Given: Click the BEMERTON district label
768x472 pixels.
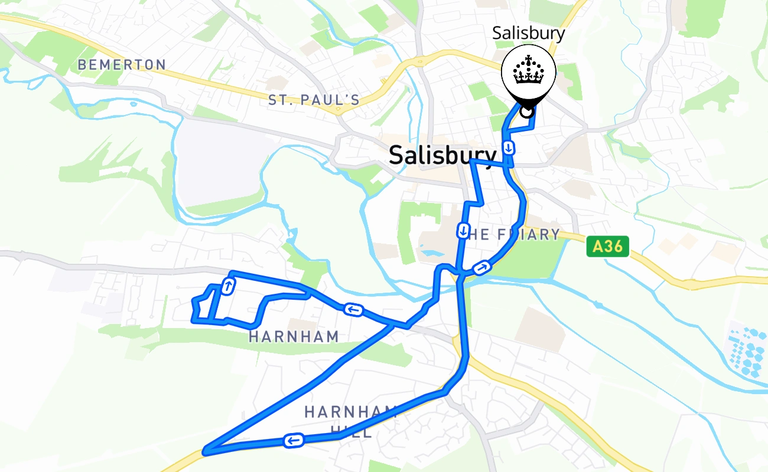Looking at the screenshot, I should (122, 64).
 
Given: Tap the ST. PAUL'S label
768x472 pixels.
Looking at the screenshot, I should (314, 100).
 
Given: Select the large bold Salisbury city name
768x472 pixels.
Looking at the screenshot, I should (442, 155).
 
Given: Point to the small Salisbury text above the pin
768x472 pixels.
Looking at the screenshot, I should (528, 33).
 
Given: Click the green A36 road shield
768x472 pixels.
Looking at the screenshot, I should (607, 246).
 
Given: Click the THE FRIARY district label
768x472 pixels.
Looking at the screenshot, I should (513, 235).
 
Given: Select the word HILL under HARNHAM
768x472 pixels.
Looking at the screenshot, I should (352, 432).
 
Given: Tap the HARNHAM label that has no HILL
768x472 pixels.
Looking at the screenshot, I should (294, 337).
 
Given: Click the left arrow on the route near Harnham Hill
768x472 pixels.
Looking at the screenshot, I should (294, 440).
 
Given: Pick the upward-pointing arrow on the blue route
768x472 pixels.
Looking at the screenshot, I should (227, 287).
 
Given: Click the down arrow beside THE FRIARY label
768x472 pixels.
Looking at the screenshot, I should (463, 230).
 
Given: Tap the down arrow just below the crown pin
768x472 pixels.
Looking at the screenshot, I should (507, 147).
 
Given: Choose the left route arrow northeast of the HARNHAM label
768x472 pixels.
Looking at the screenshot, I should (353, 309).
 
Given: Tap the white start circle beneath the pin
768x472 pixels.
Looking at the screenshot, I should (526, 110).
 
